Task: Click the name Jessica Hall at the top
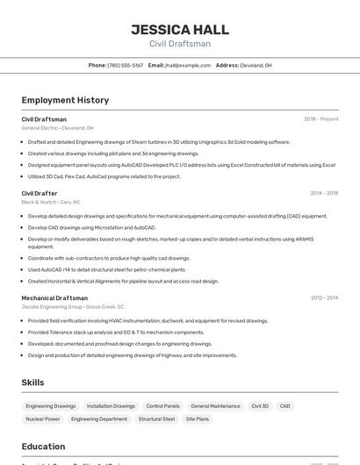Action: coord(180,29)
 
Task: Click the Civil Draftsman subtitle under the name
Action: coord(180,44)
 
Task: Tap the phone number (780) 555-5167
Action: coord(125,65)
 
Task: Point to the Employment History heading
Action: coord(65,100)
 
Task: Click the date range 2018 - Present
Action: coord(320,119)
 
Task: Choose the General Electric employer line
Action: coord(57,128)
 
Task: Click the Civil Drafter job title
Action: coord(40,193)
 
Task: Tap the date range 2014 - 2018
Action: coord(324,193)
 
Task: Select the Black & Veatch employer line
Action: coord(51,202)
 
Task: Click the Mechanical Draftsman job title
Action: coord(54,298)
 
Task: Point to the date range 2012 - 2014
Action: coord(324,298)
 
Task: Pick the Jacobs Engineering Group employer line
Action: coord(72,307)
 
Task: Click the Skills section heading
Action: coord(32,383)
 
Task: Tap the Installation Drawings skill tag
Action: coord(111,406)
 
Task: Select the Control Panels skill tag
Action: coord(162,406)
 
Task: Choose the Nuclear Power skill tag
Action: coord(42,419)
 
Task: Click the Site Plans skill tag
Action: coord(197,419)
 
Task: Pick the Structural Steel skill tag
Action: coord(156,419)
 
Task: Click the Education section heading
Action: coord(43,446)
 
